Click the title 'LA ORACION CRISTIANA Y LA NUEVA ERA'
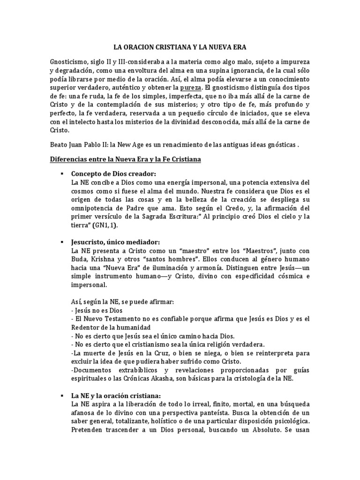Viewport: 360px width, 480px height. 180,47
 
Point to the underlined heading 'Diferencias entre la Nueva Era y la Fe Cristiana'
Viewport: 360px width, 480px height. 126,159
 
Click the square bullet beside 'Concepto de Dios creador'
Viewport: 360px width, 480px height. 61,174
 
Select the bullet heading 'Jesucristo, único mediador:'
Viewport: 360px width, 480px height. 115,242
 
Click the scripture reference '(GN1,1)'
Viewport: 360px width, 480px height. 105,225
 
